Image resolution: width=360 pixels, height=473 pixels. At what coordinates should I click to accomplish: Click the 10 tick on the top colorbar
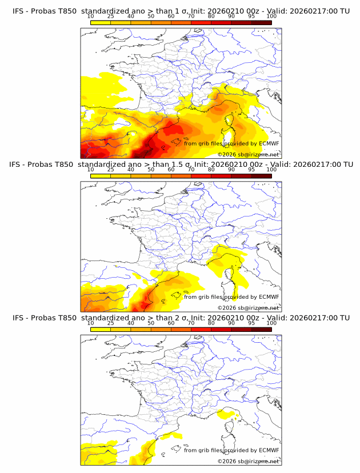pyautogui.click(x=91, y=17)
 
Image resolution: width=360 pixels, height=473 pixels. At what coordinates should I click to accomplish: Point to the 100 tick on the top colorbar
pyautogui.click(x=271, y=17)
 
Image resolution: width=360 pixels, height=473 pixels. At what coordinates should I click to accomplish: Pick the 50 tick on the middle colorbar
pyautogui.click(x=151, y=170)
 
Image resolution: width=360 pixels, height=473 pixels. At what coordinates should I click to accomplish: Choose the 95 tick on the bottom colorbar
pyautogui.click(x=251, y=323)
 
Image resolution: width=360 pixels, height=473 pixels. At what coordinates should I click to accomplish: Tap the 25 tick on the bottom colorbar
pyautogui.click(x=111, y=323)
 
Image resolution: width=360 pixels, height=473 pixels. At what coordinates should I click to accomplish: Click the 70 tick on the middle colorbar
pyautogui.click(x=191, y=170)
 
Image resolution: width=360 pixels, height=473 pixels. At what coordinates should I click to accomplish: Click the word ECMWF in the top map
pyautogui.click(x=269, y=143)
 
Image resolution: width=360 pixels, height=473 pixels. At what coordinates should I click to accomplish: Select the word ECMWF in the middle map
pyautogui.click(x=269, y=296)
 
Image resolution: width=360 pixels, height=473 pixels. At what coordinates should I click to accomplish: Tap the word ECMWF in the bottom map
pyautogui.click(x=269, y=450)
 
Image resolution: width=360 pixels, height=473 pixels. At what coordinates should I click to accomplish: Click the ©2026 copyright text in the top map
pyautogui.click(x=226, y=155)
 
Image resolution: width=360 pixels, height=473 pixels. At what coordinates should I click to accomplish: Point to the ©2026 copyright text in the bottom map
pyautogui.click(x=226, y=461)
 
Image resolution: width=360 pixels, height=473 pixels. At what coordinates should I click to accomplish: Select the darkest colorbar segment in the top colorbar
pyautogui.click(x=261, y=22)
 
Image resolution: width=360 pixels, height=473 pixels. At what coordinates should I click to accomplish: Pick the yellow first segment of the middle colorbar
pyautogui.click(x=101, y=175)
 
